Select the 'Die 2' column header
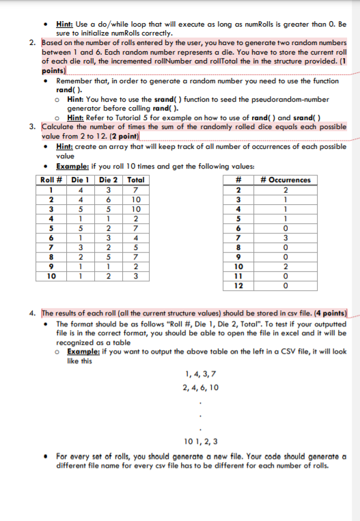(x=108, y=180)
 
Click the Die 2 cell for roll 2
(x=108, y=199)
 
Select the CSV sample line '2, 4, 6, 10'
(x=202, y=387)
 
